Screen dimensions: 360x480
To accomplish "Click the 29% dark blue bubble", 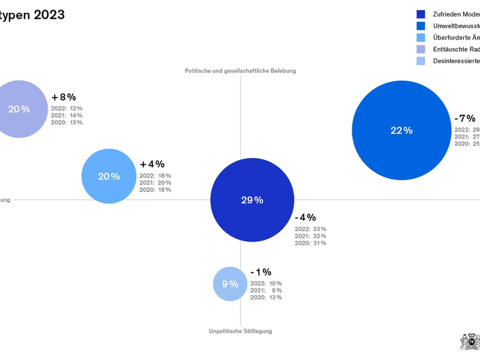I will click(x=252, y=200).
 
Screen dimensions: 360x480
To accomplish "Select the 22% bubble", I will click(x=401, y=130).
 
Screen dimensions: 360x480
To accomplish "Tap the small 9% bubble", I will click(x=230, y=284).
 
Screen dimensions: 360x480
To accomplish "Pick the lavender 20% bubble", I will click(x=19, y=109).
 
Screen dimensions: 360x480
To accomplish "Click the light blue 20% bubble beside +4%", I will click(x=109, y=176).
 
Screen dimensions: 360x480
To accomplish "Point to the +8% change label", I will click(x=64, y=97).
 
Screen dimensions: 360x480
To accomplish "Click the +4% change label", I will click(x=152, y=164).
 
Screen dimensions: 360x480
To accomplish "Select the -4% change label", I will click(x=305, y=217).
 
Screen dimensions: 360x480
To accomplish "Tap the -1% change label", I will click(x=261, y=272).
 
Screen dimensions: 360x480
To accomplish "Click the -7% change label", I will click(x=464, y=118).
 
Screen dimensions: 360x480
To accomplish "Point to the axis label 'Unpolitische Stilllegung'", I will click(x=241, y=331).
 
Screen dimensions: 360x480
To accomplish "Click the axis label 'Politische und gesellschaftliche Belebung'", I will click(x=240, y=71).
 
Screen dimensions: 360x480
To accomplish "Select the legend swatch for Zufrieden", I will click(x=421, y=14).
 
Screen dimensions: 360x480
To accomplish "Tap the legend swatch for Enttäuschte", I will click(x=421, y=49).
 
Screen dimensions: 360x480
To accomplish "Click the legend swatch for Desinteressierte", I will click(x=421, y=61).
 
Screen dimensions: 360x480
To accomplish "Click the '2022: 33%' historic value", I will click(x=310, y=229).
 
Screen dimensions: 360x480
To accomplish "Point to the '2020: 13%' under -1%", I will click(x=266, y=298).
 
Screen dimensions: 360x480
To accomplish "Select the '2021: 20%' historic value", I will click(x=155, y=182).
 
